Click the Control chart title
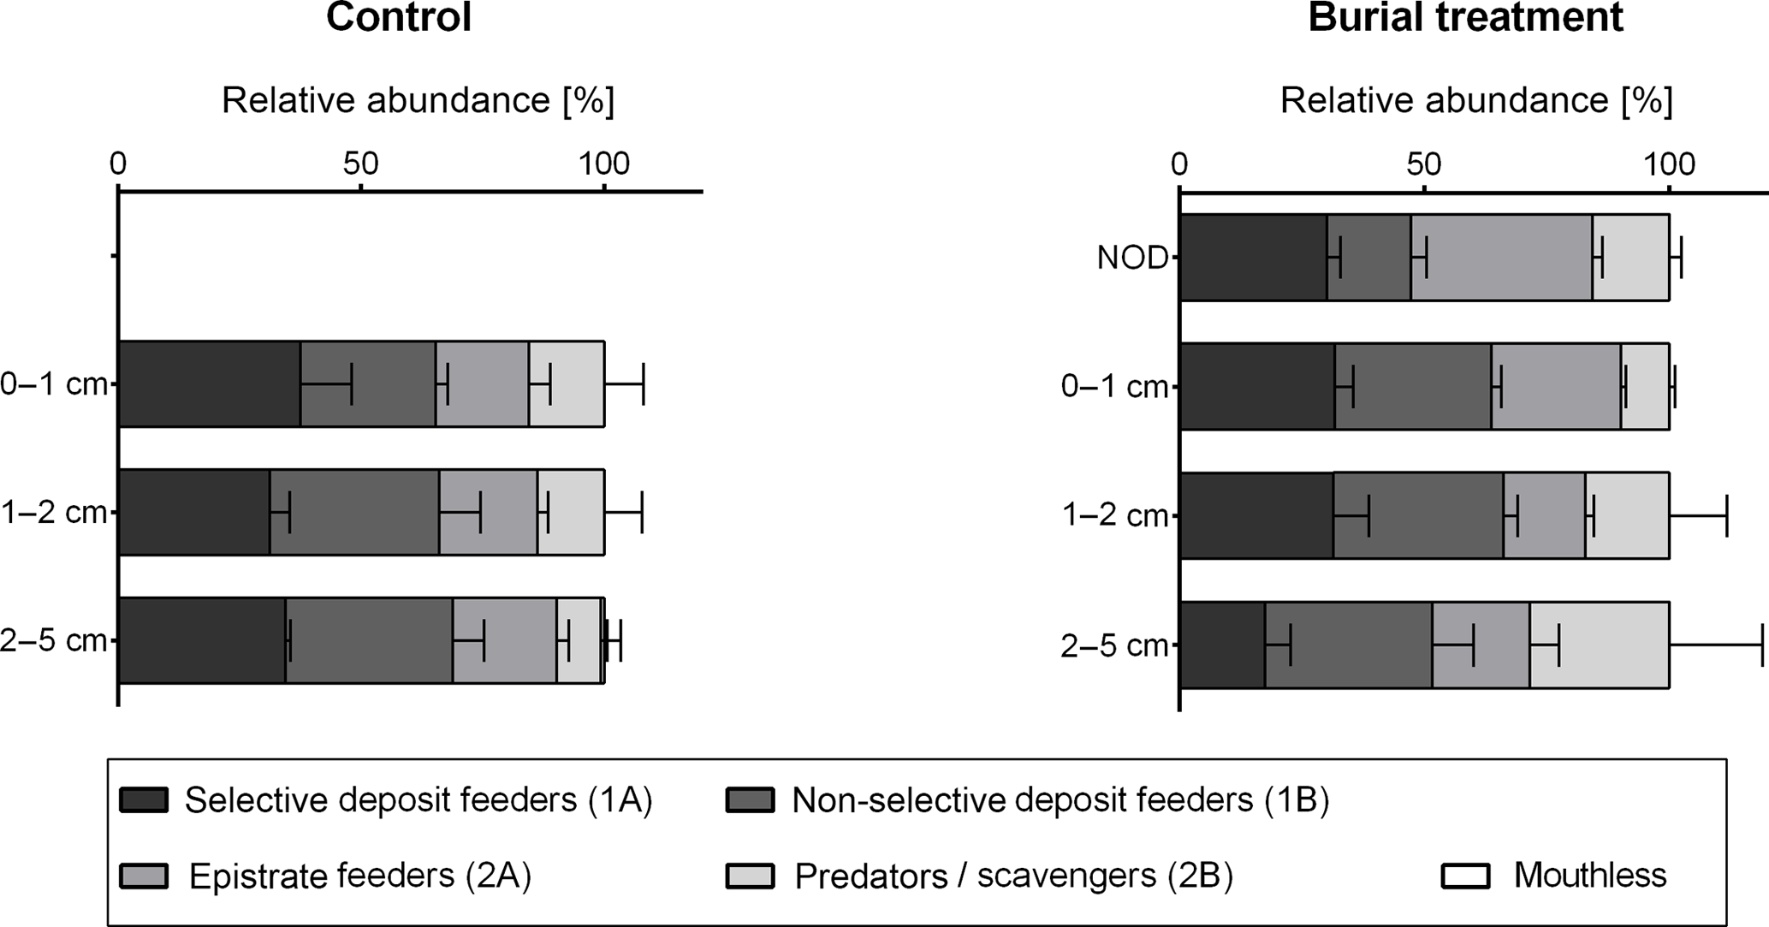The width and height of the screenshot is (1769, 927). (x=399, y=17)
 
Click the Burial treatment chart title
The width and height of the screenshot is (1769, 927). (x=1465, y=17)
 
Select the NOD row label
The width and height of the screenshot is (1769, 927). (x=1132, y=258)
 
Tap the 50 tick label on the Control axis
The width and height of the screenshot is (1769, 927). (x=360, y=163)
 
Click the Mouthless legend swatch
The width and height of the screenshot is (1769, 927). (x=1466, y=876)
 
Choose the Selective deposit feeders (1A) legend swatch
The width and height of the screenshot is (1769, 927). (x=144, y=800)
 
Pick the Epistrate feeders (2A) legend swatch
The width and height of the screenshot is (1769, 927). (x=144, y=876)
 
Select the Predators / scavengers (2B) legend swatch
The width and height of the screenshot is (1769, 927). (x=750, y=876)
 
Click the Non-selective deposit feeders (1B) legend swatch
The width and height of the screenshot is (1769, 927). (x=750, y=800)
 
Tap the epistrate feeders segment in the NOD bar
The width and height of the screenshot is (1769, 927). (x=1501, y=258)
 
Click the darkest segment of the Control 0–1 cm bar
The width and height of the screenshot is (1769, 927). (x=209, y=383)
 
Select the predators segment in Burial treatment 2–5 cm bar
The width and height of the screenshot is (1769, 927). (x=1599, y=645)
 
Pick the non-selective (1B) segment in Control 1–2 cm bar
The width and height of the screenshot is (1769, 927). (x=354, y=512)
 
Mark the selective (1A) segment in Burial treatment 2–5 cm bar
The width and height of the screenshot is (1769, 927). (x=1222, y=645)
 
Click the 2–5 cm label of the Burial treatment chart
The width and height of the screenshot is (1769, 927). (x=1114, y=645)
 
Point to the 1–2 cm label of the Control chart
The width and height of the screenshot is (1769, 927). (x=53, y=513)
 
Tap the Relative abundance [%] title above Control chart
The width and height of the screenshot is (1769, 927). (x=418, y=101)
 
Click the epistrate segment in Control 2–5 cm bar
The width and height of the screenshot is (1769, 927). (x=504, y=640)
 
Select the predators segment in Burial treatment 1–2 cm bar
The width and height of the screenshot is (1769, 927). (x=1627, y=515)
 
